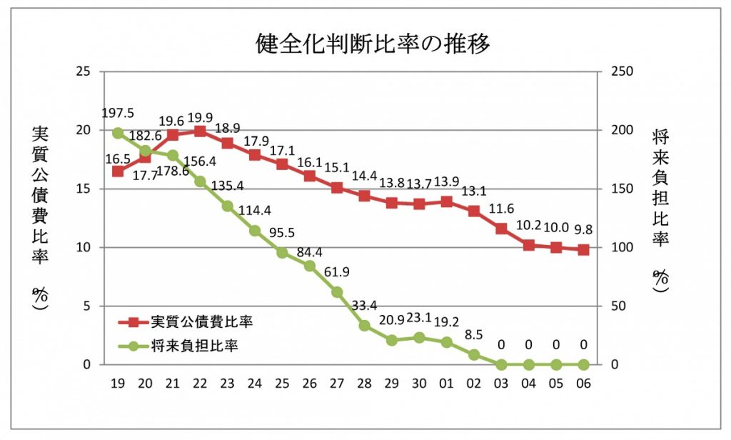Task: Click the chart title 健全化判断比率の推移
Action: pyautogui.click(x=373, y=44)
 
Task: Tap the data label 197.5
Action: pyautogui.click(x=118, y=114)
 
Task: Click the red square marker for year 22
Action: pyautogui.click(x=200, y=131)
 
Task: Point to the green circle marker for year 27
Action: pyautogui.click(x=337, y=292)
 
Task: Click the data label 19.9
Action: pyautogui.click(x=201, y=116)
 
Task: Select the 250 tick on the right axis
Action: pyautogui.click(x=620, y=72)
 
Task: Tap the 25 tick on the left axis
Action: pyautogui.click(x=84, y=72)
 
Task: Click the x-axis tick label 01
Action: pyautogui.click(x=447, y=384)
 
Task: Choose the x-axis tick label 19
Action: pyautogui.click(x=118, y=384)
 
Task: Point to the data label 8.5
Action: pyautogui.click(x=474, y=334)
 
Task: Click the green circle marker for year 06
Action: pyautogui.click(x=583, y=364)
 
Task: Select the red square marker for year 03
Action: pyautogui.click(x=501, y=229)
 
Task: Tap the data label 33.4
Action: pyautogui.click(x=364, y=306)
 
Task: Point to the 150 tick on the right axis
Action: pyautogui.click(x=620, y=189)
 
